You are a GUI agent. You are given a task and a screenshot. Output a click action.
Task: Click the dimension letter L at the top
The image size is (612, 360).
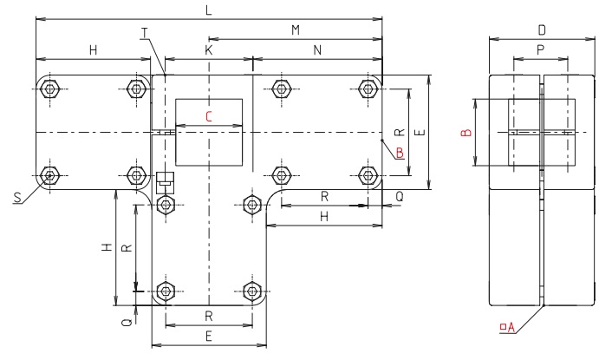208,10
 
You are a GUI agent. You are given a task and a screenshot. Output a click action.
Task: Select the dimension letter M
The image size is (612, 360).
295,30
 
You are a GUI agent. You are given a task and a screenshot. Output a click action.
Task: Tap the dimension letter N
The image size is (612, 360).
317,51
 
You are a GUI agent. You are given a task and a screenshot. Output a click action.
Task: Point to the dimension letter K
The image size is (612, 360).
208,51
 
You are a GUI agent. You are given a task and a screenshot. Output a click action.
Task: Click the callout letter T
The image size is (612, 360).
145,33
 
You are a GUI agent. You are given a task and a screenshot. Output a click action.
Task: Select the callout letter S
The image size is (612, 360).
17,199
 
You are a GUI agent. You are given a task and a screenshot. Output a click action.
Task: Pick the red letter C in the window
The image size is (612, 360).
208,115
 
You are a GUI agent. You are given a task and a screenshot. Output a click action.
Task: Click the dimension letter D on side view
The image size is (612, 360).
542,30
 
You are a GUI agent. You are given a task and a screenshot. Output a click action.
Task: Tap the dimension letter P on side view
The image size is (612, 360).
541,51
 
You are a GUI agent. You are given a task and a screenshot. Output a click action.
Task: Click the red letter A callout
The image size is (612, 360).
511,327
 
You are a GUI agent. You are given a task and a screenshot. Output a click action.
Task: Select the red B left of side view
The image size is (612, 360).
466,133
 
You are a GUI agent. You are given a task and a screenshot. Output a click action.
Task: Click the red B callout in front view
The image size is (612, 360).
399,153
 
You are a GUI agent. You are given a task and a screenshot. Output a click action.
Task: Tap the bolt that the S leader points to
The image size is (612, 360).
49,176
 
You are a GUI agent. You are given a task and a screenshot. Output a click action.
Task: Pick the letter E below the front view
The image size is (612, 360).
208,335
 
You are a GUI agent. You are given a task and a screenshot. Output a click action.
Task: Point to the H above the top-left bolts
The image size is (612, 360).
93,51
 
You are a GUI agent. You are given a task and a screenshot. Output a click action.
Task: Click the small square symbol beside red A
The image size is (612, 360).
502,327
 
